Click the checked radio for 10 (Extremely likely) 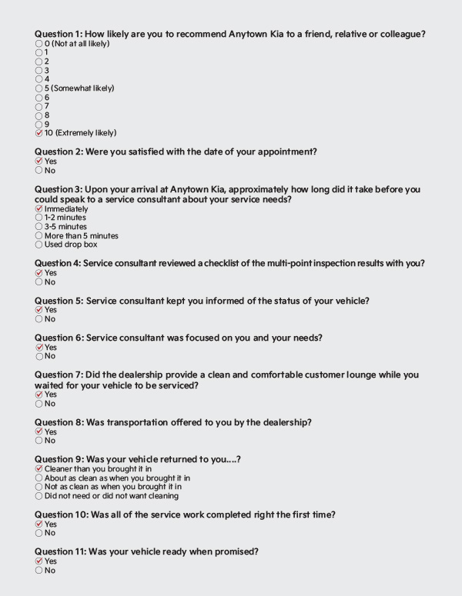pyautogui.click(x=39, y=133)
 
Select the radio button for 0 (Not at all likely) pyautogui.click(x=39, y=44)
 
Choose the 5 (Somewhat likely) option pyautogui.click(x=39, y=88)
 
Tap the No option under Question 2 pyautogui.click(x=39, y=171)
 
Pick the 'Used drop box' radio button pyautogui.click(x=39, y=245)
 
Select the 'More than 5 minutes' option pyautogui.click(x=39, y=235)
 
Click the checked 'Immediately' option pyautogui.click(x=39, y=208)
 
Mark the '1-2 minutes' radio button pyautogui.click(x=39, y=218)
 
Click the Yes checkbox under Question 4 pyautogui.click(x=39, y=273)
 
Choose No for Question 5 pyautogui.click(x=39, y=319)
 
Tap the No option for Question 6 pyautogui.click(x=39, y=356)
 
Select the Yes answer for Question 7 pyautogui.click(x=39, y=395)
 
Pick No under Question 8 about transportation pyautogui.click(x=39, y=441)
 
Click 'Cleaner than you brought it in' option pyautogui.click(x=39, y=468)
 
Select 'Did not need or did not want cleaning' pyautogui.click(x=39, y=496)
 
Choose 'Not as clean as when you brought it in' pyautogui.click(x=39, y=487)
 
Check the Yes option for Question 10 pyautogui.click(x=39, y=524)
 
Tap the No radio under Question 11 pyautogui.click(x=39, y=571)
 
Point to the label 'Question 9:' pyautogui.click(x=59, y=459)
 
